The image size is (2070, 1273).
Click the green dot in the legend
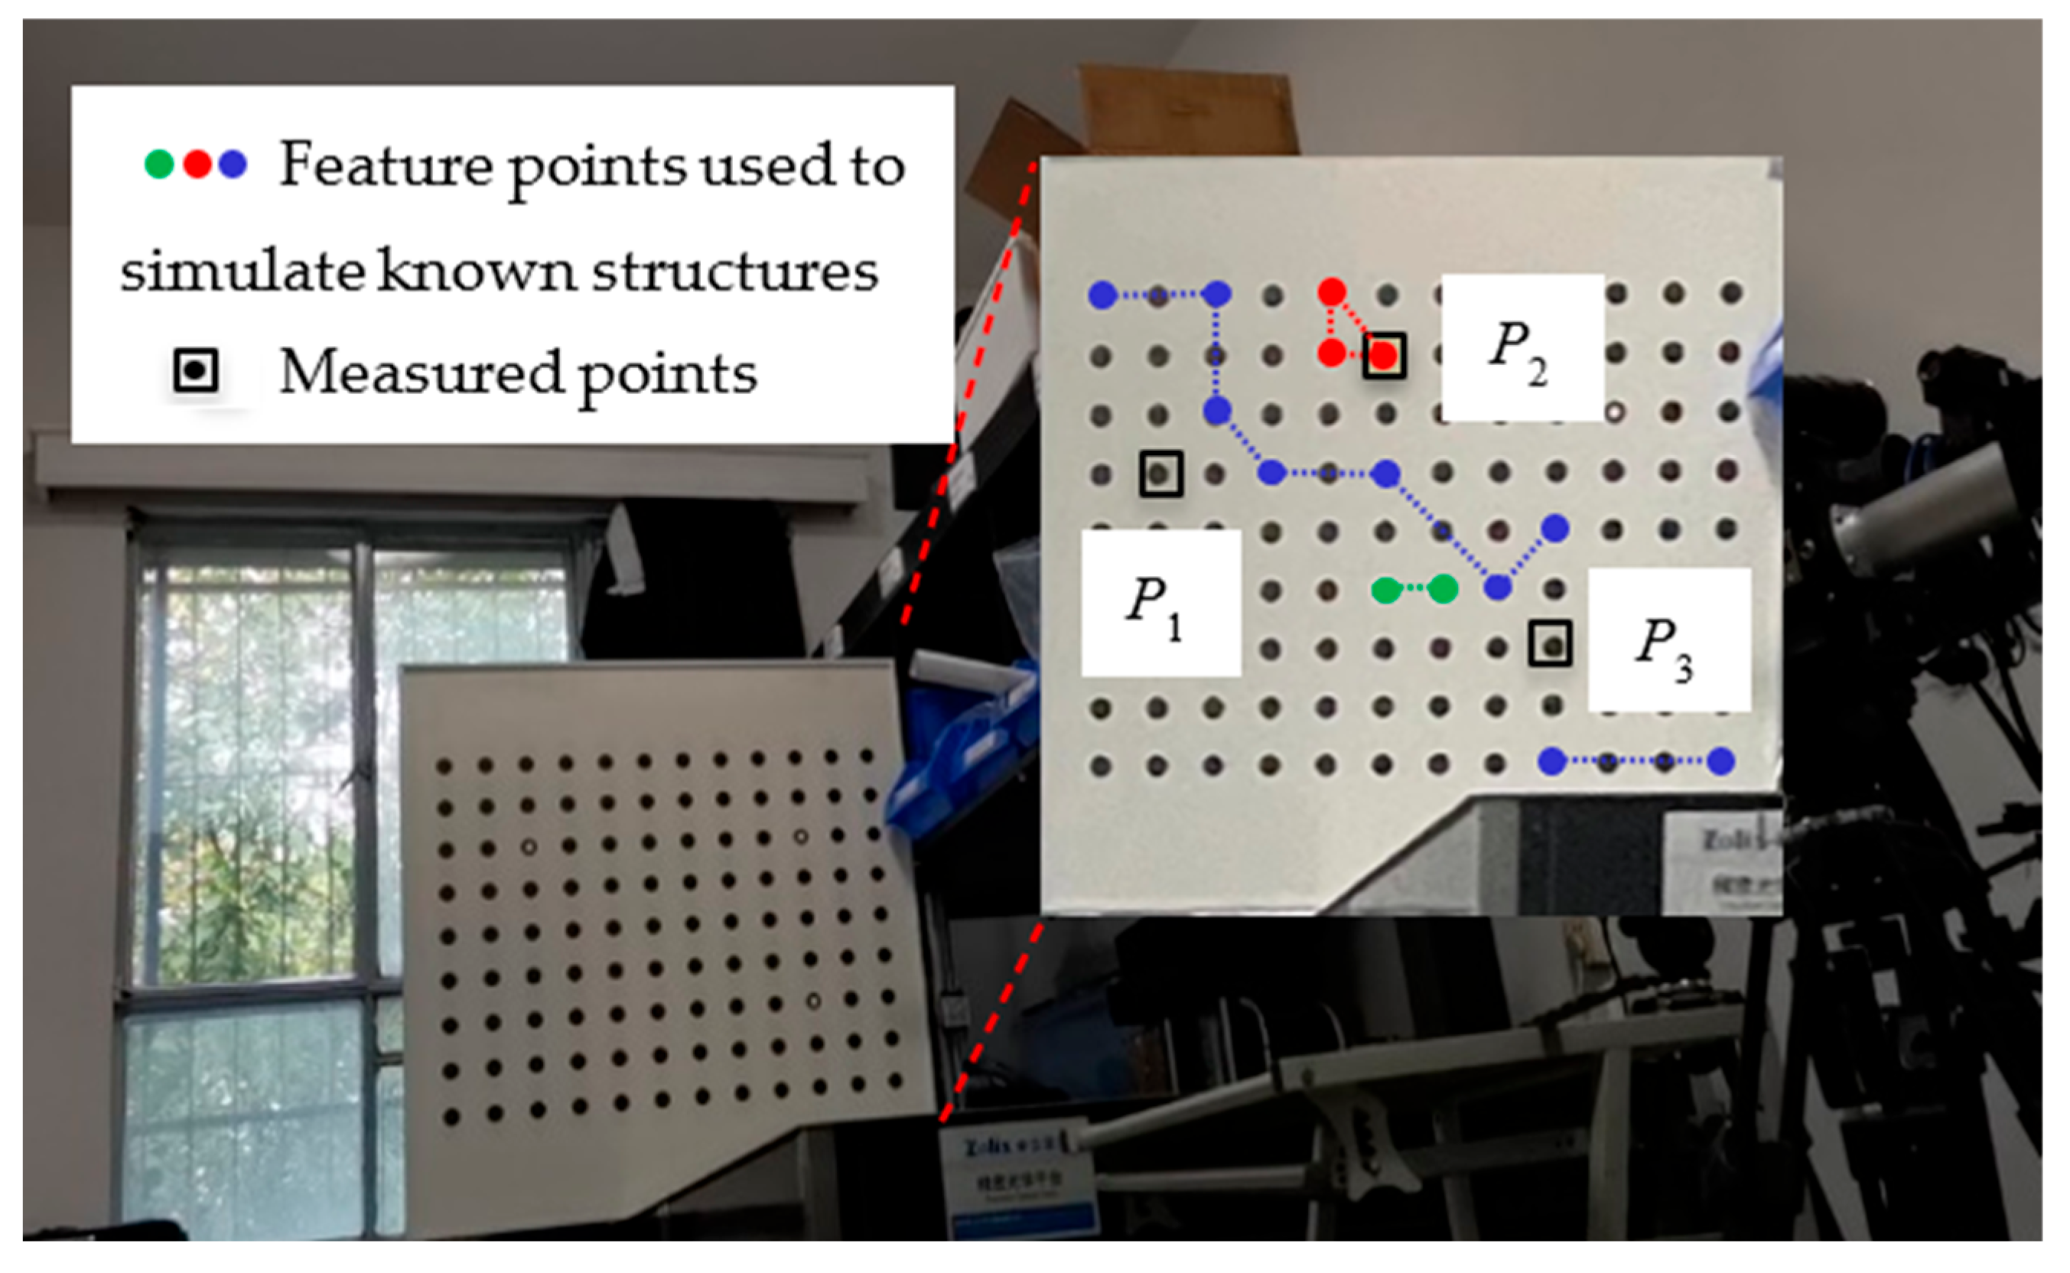click(x=159, y=164)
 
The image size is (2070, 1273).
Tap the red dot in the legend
click(x=197, y=164)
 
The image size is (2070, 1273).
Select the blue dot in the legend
click(x=233, y=164)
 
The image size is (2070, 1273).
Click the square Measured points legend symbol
click(x=195, y=370)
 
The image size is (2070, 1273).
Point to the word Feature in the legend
click(x=386, y=165)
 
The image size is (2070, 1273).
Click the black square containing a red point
click(x=1384, y=355)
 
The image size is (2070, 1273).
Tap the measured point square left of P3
click(x=1550, y=644)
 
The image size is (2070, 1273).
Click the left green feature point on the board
click(x=1385, y=589)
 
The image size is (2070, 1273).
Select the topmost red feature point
click(x=1332, y=292)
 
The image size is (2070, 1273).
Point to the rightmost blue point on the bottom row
click(x=1720, y=761)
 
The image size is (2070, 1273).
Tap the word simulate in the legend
click(x=242, y=271)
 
